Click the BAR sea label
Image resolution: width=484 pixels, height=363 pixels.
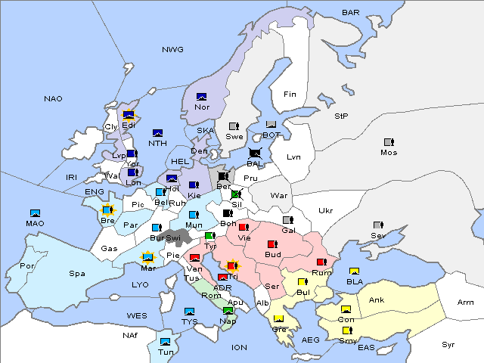(351, 12)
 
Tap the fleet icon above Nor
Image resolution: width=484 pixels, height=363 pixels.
(201, 96)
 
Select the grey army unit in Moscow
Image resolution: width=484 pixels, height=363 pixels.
(389, 142)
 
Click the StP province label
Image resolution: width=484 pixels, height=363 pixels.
(341, 116)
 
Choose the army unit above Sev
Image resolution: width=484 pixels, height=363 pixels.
(378, 225)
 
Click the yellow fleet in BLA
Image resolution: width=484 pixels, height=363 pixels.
(353, 271)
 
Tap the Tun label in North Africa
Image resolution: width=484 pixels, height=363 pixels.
(166, 352)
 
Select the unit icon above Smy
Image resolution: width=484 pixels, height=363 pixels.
(347, 330)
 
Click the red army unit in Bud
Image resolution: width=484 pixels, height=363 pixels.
(272, 244)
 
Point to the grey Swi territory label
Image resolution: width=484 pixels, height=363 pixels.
(174, 237)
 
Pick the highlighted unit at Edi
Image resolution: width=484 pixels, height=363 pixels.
(129, 116)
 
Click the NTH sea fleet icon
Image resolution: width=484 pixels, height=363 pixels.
(158, 133)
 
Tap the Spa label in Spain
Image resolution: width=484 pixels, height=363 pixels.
(76, 273)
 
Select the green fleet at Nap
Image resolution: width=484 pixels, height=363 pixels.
(228, 311)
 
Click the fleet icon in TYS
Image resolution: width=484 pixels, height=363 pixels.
(189, 312)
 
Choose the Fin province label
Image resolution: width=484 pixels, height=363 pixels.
(290, 95)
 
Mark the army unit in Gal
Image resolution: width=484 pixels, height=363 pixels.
(287, 220)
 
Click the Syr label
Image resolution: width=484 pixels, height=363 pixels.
(449, 344)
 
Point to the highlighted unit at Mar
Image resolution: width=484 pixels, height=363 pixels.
(148, 257)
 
